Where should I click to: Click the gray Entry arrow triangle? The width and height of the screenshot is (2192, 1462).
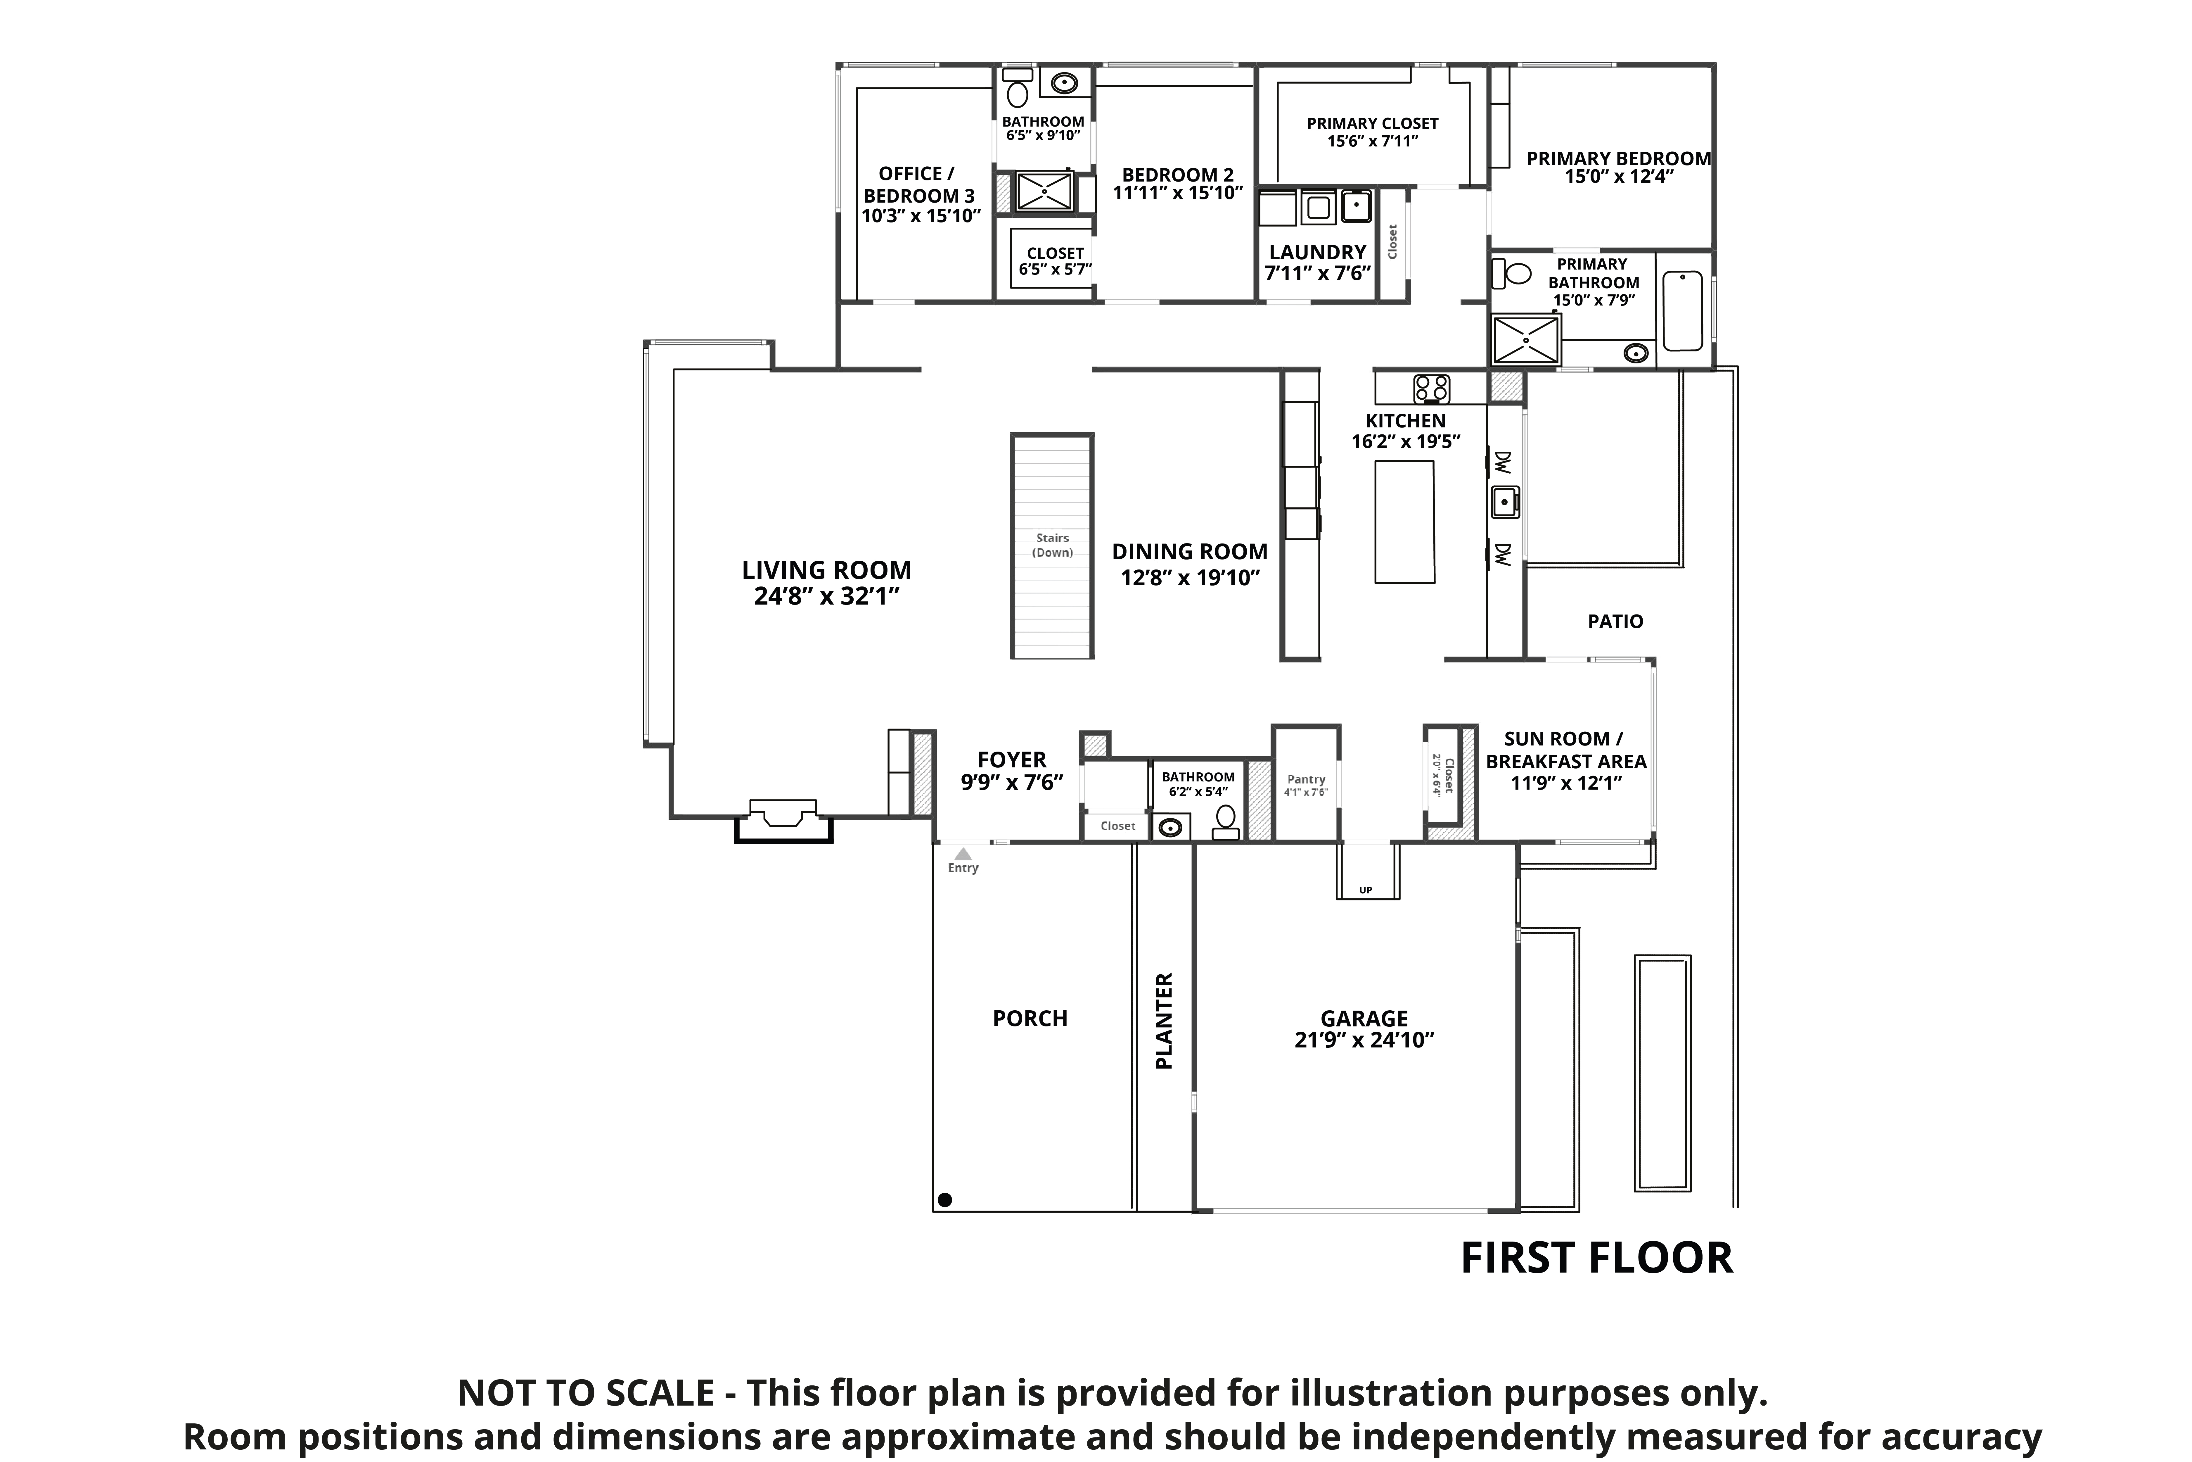pos(963,854)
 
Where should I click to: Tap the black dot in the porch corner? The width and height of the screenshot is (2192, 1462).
pos(945,1200)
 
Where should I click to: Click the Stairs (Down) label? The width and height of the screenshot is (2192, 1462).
pos(1052,546)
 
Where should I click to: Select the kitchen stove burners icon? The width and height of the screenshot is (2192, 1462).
pos(1430,388)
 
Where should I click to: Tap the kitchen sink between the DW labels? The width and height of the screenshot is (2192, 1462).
pos(1504,502)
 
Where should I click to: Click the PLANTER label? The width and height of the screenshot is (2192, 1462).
pos(1164,1021)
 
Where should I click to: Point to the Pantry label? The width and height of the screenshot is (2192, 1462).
pos(1306,779)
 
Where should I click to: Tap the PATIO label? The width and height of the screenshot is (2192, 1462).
pos(1615,621)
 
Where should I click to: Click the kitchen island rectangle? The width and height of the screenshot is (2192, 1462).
pos(1404,522)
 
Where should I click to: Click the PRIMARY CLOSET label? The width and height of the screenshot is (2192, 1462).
pos(1372,123)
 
